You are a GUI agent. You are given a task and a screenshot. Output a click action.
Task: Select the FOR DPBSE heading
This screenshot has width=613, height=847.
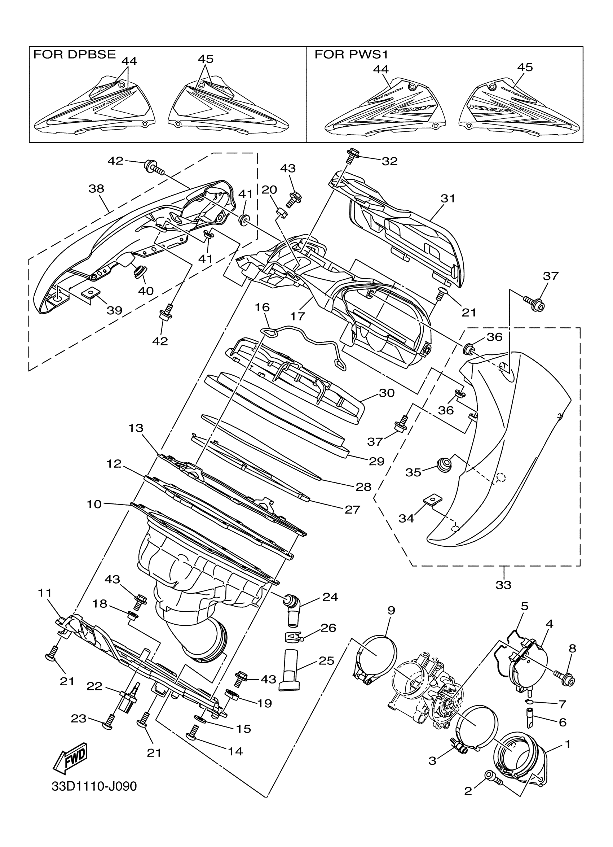(75, 54)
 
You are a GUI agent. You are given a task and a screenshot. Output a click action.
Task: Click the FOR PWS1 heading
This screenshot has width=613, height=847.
(352, 54)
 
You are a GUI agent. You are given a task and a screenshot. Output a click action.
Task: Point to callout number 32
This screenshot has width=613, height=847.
(389, 161)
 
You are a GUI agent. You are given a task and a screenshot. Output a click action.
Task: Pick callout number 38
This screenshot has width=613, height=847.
(96, 189)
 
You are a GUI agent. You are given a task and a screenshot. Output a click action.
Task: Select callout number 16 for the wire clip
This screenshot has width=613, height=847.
(262, 307)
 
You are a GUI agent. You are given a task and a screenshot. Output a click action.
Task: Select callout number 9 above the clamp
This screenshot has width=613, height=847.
(391, 611)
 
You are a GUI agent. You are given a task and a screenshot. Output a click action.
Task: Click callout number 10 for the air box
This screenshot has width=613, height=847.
(94, 504)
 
